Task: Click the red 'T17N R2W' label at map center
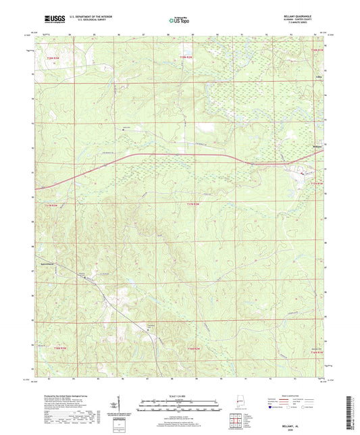193,203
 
